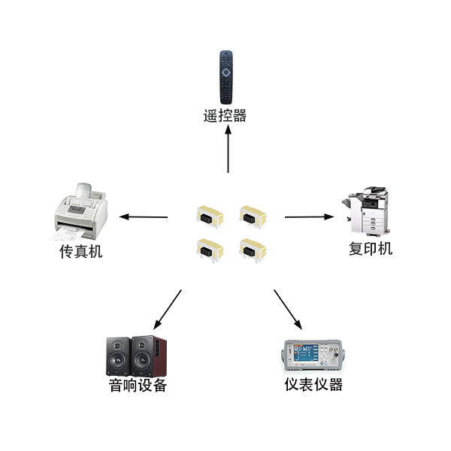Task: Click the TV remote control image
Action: pyautogui.click(x=226, y=77)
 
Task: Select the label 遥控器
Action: pyautogui.click(x=225, y=116)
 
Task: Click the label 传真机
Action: pyautogui.click(x=81, y=251)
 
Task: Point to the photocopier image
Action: pyautogui.click(x=365, y=210)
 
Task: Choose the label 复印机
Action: pyautogui.click(x=371, y=249)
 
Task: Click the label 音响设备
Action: pyautogui.click(x=138, y=386)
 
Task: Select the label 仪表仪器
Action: pyautogui.click(x=313, y=384)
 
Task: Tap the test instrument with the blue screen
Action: pyautogui.click(x=313, y=356)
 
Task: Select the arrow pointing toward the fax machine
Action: pyautogui.click(x=144, y=217)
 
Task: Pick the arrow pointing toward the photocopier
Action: pyautogui.click(x=310, y=217)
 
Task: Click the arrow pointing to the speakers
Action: pyautogui.click(x=168, y=310)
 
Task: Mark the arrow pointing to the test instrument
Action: pyautogui.click(x=288, y=310)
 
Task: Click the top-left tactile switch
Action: pyautogui.click(x=210, y=217)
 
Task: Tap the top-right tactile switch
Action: pyautogui.click(x=253, y=217)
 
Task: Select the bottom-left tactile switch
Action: pyautogui.click(x=210, y=250)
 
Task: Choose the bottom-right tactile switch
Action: pyautogui.click(x=253, y=250)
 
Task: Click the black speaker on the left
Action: pyautogui.click(x=118, y=356)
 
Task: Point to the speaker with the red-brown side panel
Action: pyautogui.click(x=149, y=356)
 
